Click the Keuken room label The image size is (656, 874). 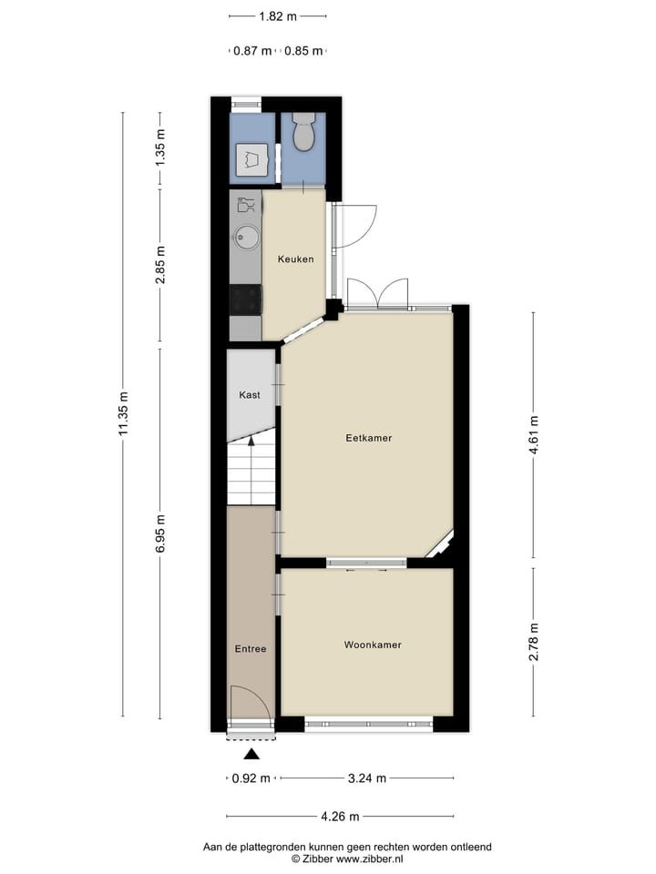click(x=295, y=259)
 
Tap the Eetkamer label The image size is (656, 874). click(x=368, y=438)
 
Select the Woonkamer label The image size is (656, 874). click(x=373, y=645)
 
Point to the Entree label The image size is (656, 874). click(x=251, y=649)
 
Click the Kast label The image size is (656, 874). click(x=250, y=395)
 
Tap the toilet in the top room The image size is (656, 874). click(x=303, y=132)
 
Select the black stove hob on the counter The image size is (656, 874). click(x=246, y=299)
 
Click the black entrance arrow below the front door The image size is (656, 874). click(x=252, y=754)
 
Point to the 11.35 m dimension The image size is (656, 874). click(x=124, y=414)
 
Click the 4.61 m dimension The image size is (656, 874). click(x=535, y=435)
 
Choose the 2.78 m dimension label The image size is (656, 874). click(x=535, y=643)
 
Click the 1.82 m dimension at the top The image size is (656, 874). click(x=278, y=16)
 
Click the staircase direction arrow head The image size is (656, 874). click(x=251, y=441)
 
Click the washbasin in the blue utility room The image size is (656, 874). click(x=252, y=161)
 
